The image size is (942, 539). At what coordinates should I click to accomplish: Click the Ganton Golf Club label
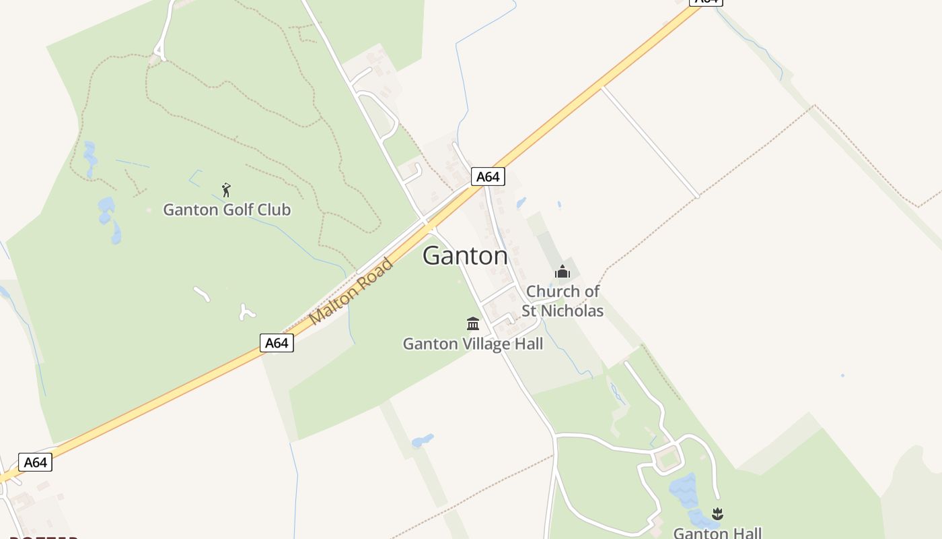click(x=227, y=210)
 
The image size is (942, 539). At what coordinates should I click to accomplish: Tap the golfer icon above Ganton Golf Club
click(x=226, y=190)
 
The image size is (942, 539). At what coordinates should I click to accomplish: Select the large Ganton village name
click(x=465, y=256)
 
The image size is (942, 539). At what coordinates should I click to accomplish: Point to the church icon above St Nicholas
click(x=562, y=272)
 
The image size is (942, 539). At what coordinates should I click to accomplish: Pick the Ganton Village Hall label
click(x=472, y=344)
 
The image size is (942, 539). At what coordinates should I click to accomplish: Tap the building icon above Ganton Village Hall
click(x=473, y=323)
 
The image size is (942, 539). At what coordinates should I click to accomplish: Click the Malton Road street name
click(x=351, y=291)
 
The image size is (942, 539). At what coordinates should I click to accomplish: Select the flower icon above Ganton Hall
click(x=717, y=514)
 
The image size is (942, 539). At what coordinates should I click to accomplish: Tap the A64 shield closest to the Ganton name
click(x=487, y=177)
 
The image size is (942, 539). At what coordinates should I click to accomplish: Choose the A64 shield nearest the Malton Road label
click(x=277, y=343)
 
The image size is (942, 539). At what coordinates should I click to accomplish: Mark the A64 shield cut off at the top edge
click(x=706, y=2)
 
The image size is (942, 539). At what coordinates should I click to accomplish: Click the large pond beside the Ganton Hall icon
click(x=684, y=489)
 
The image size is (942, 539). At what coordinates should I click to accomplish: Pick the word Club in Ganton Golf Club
click(x=274, y=210)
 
